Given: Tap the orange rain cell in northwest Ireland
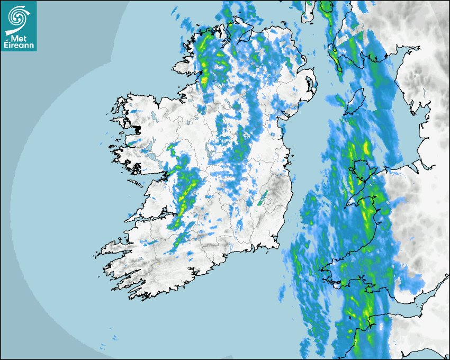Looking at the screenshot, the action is coord(205,81).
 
